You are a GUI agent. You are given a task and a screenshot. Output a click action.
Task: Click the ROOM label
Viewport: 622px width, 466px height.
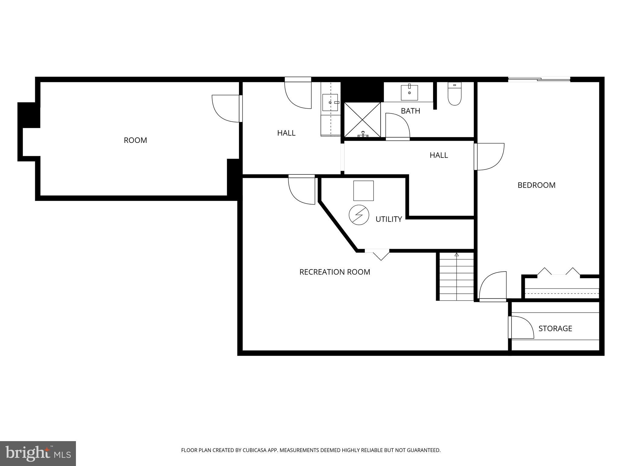(135, 140)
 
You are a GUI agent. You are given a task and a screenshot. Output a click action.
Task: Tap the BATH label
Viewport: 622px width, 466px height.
(410, 111)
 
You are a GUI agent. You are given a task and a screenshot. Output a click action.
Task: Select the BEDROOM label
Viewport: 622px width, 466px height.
(536, 185)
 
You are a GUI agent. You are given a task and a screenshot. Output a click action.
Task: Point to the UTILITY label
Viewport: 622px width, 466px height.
(388, 219)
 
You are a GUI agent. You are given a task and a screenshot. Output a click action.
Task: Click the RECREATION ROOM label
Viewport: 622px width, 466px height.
(335, 272)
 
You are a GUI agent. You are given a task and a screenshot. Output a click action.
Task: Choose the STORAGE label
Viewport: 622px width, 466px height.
(555, 329)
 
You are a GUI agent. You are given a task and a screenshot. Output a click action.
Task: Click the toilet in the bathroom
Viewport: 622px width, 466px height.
(454, 94)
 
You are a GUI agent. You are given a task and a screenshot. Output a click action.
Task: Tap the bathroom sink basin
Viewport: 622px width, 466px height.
(409, 93)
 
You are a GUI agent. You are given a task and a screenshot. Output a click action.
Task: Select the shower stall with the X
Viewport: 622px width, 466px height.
(362, 120)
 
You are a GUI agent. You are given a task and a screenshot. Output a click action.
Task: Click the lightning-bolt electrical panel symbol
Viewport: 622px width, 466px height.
(359, 215)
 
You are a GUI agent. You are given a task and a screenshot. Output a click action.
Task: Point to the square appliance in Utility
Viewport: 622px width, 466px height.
(363, 191)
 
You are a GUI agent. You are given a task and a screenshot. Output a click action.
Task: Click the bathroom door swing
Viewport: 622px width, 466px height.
(397, 125)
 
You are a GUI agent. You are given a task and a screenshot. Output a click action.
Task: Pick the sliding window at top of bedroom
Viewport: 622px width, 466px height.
(539, 80)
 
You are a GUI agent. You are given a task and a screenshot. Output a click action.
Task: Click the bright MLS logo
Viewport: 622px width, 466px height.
(38, 453)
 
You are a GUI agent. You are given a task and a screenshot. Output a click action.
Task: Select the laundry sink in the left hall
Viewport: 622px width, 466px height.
(330, 103)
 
